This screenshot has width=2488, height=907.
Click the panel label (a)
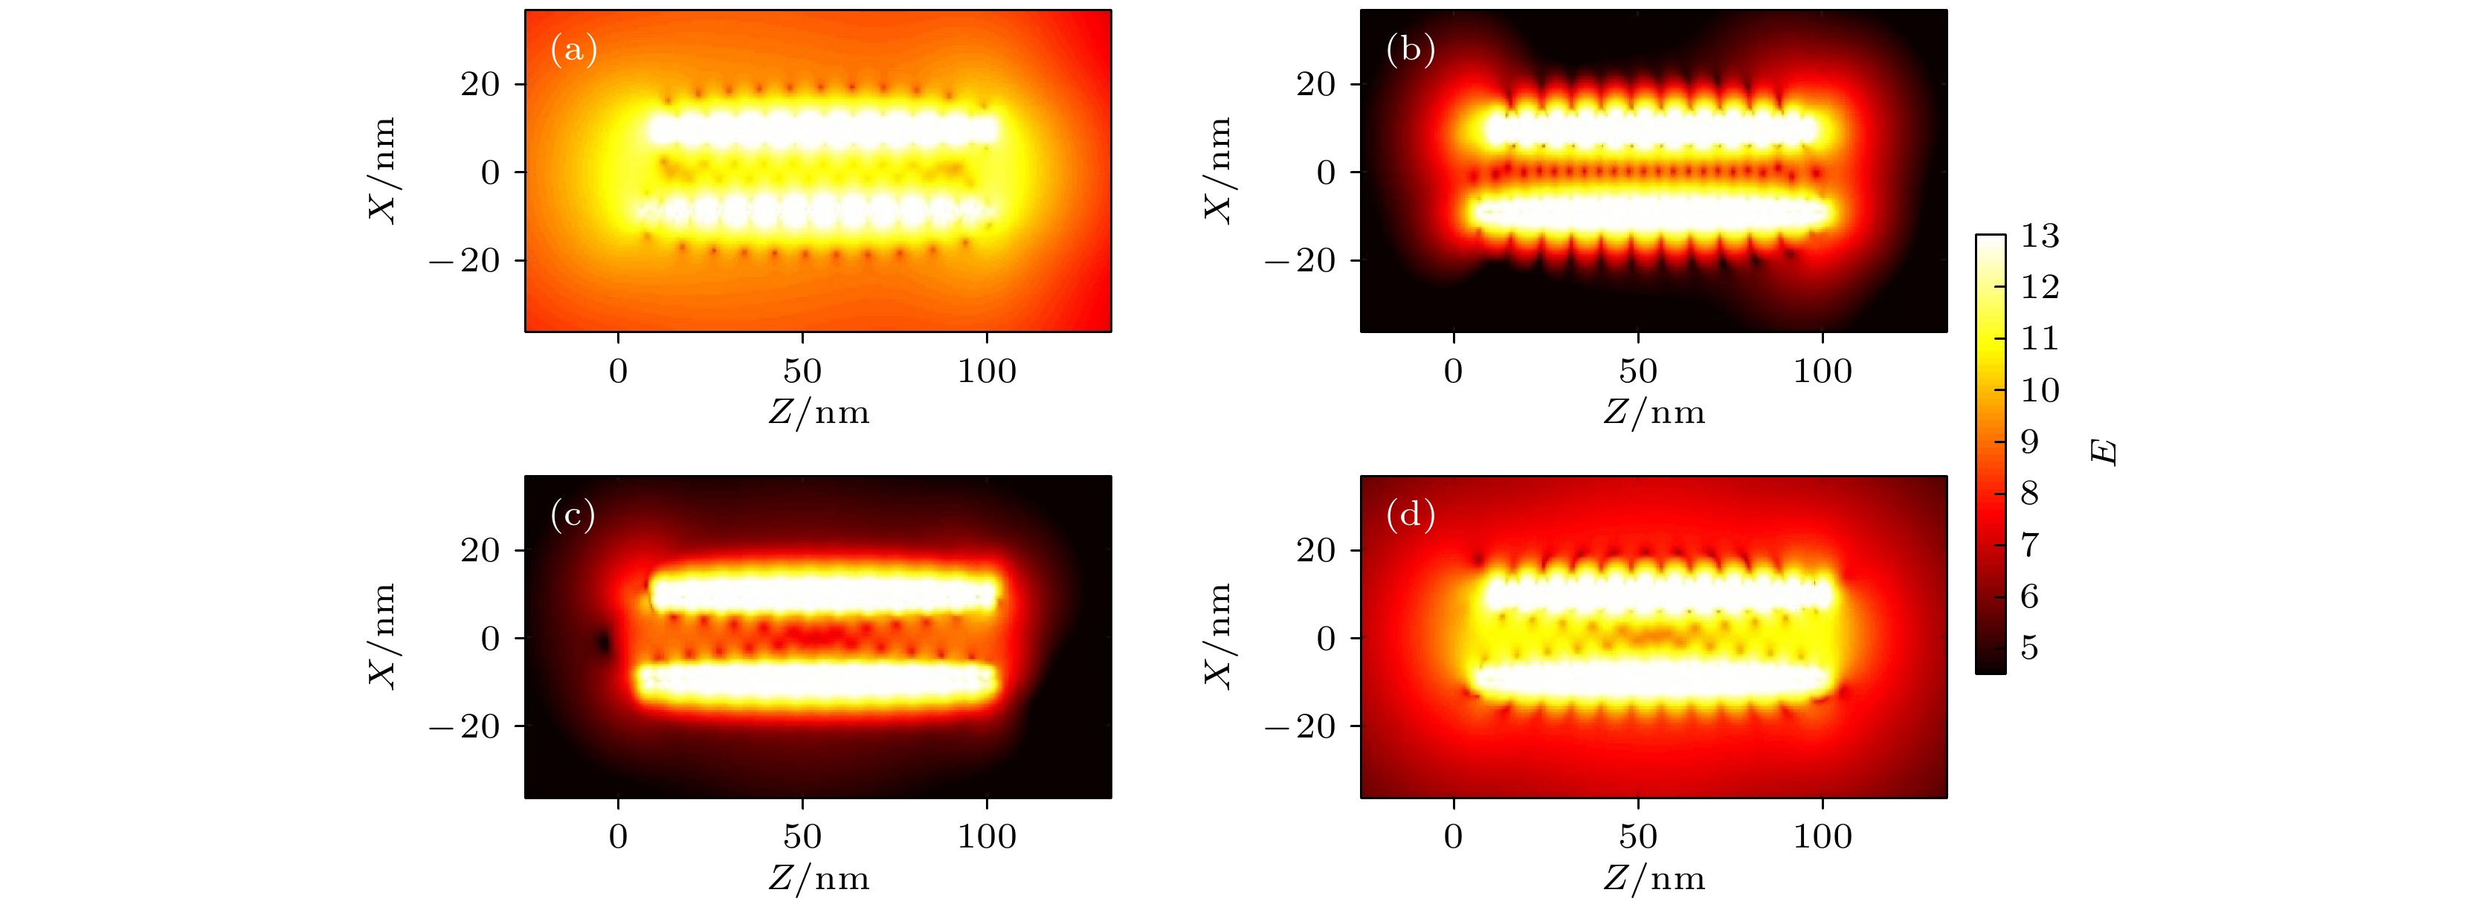[x=574, y=49]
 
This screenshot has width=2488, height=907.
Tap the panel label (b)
[x=1410, y=49]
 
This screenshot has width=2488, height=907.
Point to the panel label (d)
[x=1410, y=515]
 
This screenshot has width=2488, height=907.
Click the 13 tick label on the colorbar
[x=2040, y=236]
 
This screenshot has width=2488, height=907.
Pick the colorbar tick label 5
[x=2029, y=648]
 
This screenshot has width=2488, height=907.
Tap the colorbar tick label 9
[x=2029, y=442]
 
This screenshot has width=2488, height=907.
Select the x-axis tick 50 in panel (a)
[x=802, y=371]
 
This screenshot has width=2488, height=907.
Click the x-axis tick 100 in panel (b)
[x=1822, y=371]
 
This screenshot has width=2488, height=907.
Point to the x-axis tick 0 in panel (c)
[x=618, y=836]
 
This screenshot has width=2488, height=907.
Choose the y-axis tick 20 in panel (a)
[x=480, y=85]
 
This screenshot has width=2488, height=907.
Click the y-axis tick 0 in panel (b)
[x=1326, y=173]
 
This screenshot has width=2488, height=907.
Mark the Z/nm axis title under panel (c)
[x=819, y=878]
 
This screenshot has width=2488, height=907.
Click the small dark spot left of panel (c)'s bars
[x=605, y=642]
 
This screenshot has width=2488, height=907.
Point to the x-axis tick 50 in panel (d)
[x=1638, y=836]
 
